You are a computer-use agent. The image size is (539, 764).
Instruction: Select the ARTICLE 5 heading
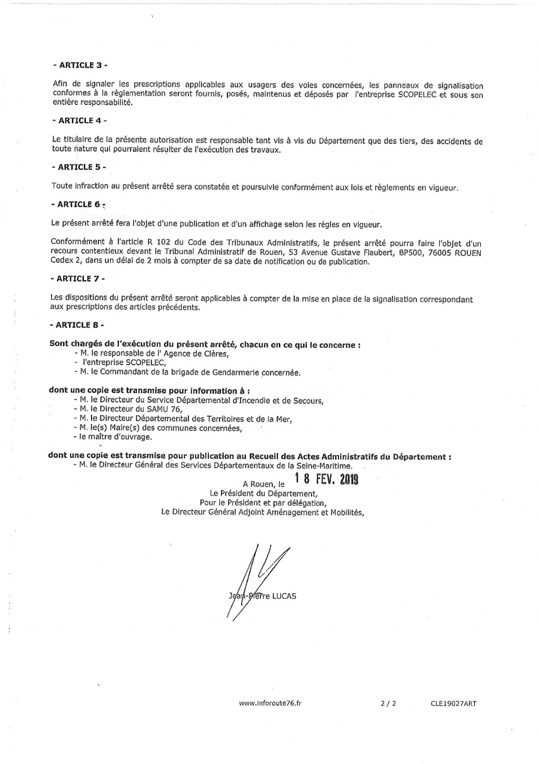[x=79, y=167]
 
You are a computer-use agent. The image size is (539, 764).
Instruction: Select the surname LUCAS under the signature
[x=285, y=596]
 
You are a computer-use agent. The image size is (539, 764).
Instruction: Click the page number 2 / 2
[x=387, y=703]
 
